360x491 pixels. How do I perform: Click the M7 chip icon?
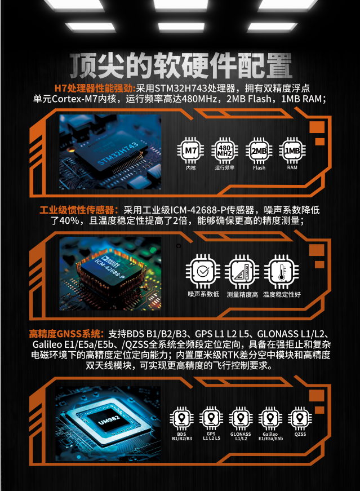pyautogui.click(x=190, y=151)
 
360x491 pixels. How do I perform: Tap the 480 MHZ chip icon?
pyautogui.click(x=224, y=151)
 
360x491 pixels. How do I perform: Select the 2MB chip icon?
pyautogui.click(x=259, y=151)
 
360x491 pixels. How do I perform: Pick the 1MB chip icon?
pyautogui.click(x=292, y=151)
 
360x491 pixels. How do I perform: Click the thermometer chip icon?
pyautogui.click(x=281, y=272)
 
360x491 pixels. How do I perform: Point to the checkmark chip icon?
pyautogui.click(x=203, y=272)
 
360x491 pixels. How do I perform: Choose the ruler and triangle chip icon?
pyautogui.click(x=242, y=272)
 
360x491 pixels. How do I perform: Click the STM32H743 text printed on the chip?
pyautogui.click(x=118, y=153)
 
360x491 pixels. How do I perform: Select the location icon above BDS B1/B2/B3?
pyautogui.click(x=181, y=419)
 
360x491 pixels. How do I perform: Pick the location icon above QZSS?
pyautogui.click(x=300, y=419)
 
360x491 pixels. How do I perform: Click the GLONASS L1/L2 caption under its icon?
pyautogui.click(x=241, y=436)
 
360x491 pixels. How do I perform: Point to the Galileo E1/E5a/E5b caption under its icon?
pyautogui.click(x=270, y=436)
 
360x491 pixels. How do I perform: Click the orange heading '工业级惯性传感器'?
pyautogui.click(x=79, y=210)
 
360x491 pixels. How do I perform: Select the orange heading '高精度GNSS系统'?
pyautogui.click(x=66, y=334)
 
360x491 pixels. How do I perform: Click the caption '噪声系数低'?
pyautogui.click(x=203, y=294)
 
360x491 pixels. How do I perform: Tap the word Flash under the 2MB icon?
pyautogui.click(x=259, y=168)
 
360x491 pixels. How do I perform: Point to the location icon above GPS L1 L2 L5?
pyautogui.click(x=211, y=419)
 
